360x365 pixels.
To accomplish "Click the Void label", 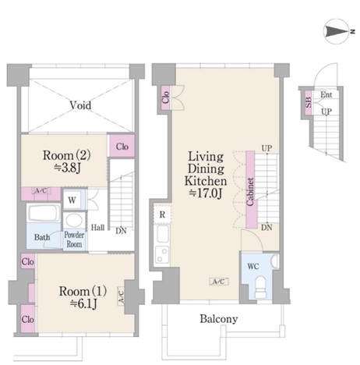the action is click(x=80, y=105).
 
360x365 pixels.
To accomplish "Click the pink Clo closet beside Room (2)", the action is click(x=122, y=146).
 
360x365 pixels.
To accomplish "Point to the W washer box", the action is click(x=72, y=200).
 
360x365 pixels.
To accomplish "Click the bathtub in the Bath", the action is click(x=44, y=213).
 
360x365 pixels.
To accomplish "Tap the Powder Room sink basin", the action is click(x=74, y=220).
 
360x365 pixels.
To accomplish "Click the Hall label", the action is click(x=97, y=228).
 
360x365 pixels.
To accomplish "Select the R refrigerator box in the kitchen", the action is click(x=162, y=214).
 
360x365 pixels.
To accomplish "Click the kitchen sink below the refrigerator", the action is click(x=163, y=234).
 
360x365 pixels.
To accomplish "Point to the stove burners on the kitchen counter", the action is click(x=162, y=255).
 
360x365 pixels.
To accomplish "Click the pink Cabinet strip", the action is click(x=250, y=190).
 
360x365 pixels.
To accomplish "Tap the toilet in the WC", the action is click(x=260, y=287).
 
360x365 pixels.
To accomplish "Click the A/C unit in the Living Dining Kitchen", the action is click(x=219, y=282).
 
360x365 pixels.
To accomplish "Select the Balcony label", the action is click(x=219, y=319).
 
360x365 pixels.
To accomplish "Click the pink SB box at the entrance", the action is click(x=309, y=102).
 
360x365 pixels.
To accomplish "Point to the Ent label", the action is click(x=326, y=94).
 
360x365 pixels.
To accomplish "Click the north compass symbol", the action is click(x=337, y=31).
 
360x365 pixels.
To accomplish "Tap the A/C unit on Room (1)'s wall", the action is click(x=121, y=296).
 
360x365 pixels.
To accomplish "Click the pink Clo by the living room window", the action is click(x=166, y=97).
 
